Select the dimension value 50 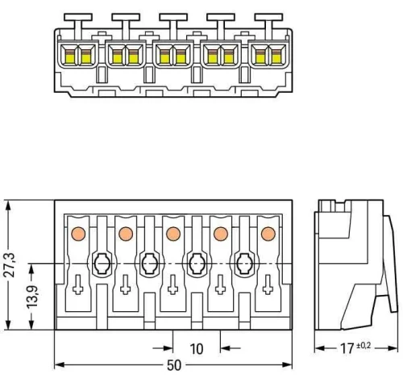point(173,365)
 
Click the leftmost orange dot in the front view point(78,234)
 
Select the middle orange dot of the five point(172,234)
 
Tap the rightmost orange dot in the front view point(268,234)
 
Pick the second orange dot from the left point(125,234)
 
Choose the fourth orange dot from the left point(220,234)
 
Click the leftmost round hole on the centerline point(102,263)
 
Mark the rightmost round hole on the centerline point(243,263)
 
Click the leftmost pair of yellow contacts point(78,56)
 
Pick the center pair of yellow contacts point(172,56)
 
